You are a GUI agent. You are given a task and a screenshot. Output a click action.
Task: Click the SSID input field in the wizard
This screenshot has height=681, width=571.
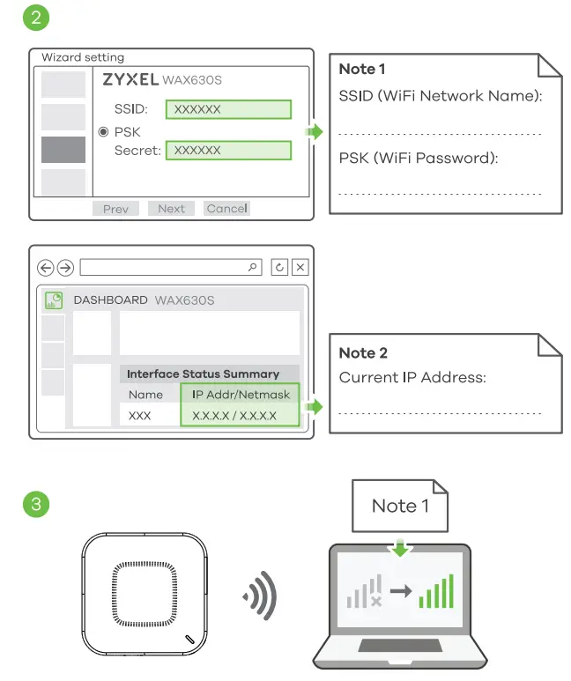228,109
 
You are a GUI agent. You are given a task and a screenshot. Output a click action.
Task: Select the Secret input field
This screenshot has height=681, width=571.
228,151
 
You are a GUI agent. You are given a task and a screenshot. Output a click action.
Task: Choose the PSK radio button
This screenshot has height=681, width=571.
103,131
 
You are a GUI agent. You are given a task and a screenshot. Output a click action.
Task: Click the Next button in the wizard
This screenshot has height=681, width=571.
172,209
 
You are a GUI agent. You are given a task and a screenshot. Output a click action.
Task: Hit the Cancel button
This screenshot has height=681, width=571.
226,209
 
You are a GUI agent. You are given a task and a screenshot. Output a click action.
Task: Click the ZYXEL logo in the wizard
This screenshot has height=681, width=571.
130,80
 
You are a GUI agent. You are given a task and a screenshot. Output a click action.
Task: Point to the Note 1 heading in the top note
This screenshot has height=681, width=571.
362,69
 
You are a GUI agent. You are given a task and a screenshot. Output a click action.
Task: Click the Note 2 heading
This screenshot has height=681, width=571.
363,352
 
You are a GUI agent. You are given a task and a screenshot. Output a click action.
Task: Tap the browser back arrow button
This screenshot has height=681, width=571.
46,268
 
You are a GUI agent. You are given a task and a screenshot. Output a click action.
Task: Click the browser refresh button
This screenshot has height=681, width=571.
279,268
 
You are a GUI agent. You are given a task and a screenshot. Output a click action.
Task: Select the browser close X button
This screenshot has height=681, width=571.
300,268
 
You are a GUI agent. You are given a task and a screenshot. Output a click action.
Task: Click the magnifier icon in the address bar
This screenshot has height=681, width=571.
254,267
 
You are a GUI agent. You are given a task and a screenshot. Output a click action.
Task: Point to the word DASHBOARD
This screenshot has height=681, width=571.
110,300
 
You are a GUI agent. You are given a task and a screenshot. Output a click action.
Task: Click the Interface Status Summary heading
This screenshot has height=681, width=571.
203,374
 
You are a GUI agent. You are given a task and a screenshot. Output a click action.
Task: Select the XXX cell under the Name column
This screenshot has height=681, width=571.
140,416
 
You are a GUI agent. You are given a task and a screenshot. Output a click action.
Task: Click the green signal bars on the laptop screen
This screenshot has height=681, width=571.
437,592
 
